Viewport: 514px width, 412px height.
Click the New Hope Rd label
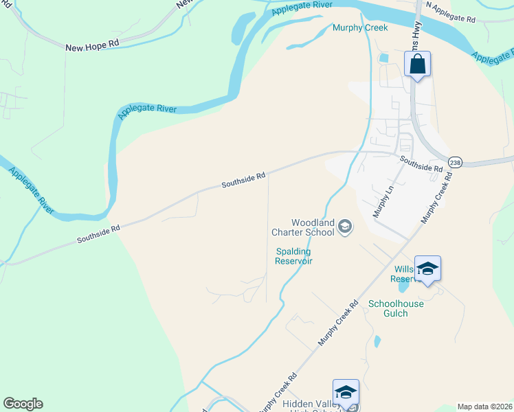(93, 47)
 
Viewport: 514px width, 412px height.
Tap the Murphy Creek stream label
(360, 27)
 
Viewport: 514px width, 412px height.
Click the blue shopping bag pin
(418, 65)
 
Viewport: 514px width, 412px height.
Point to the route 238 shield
(455, 162)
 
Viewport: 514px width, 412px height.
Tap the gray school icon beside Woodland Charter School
(346, 227)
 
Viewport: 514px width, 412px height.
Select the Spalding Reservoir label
(293, 256)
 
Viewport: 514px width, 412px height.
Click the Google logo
(23, 404)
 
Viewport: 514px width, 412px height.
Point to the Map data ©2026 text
(484, 407)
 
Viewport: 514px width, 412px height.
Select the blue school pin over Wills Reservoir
(427, 268)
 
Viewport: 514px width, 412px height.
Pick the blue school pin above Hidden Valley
(346, 392)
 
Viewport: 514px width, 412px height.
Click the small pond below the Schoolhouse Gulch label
(376, 341)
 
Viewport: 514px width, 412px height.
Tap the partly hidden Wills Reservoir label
(403, 274)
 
